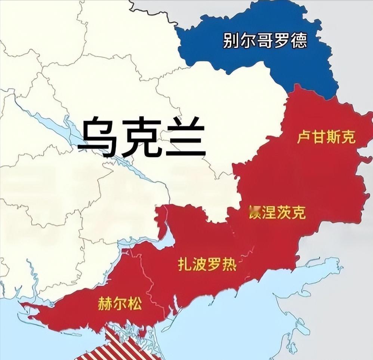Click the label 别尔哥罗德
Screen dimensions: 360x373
pos(265,40)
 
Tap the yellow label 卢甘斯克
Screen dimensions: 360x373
pos(326,138)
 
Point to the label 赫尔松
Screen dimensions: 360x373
pos(120,303)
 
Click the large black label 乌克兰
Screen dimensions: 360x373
pos(142,136)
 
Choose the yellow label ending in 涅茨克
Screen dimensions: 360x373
pos(277,212)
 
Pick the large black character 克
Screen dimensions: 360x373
pos(142,136)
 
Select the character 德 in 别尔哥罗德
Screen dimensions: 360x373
pos(299,40)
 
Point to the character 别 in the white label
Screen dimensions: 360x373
pos(231,40)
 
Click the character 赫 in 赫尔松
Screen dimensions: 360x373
pos(105,303)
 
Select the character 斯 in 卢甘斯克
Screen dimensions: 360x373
pos(333,138)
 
